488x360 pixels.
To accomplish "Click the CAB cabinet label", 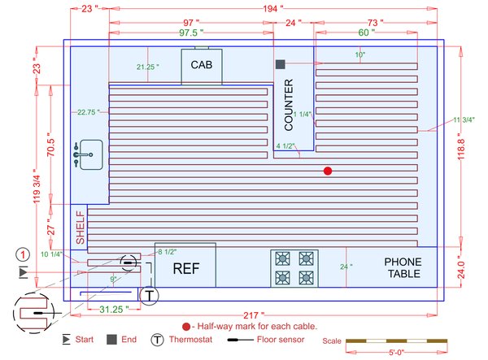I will pos(202,65).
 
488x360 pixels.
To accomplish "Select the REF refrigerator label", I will pos(184,268).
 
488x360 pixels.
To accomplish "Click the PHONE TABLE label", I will pos(402,268).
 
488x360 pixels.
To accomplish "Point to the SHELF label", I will pos(80,228).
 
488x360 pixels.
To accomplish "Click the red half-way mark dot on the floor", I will pos(328,171).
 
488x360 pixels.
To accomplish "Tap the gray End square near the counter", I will pos(280,63).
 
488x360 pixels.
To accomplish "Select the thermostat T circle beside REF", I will pos(149,296).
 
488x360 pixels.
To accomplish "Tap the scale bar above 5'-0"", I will pos(396,340).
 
